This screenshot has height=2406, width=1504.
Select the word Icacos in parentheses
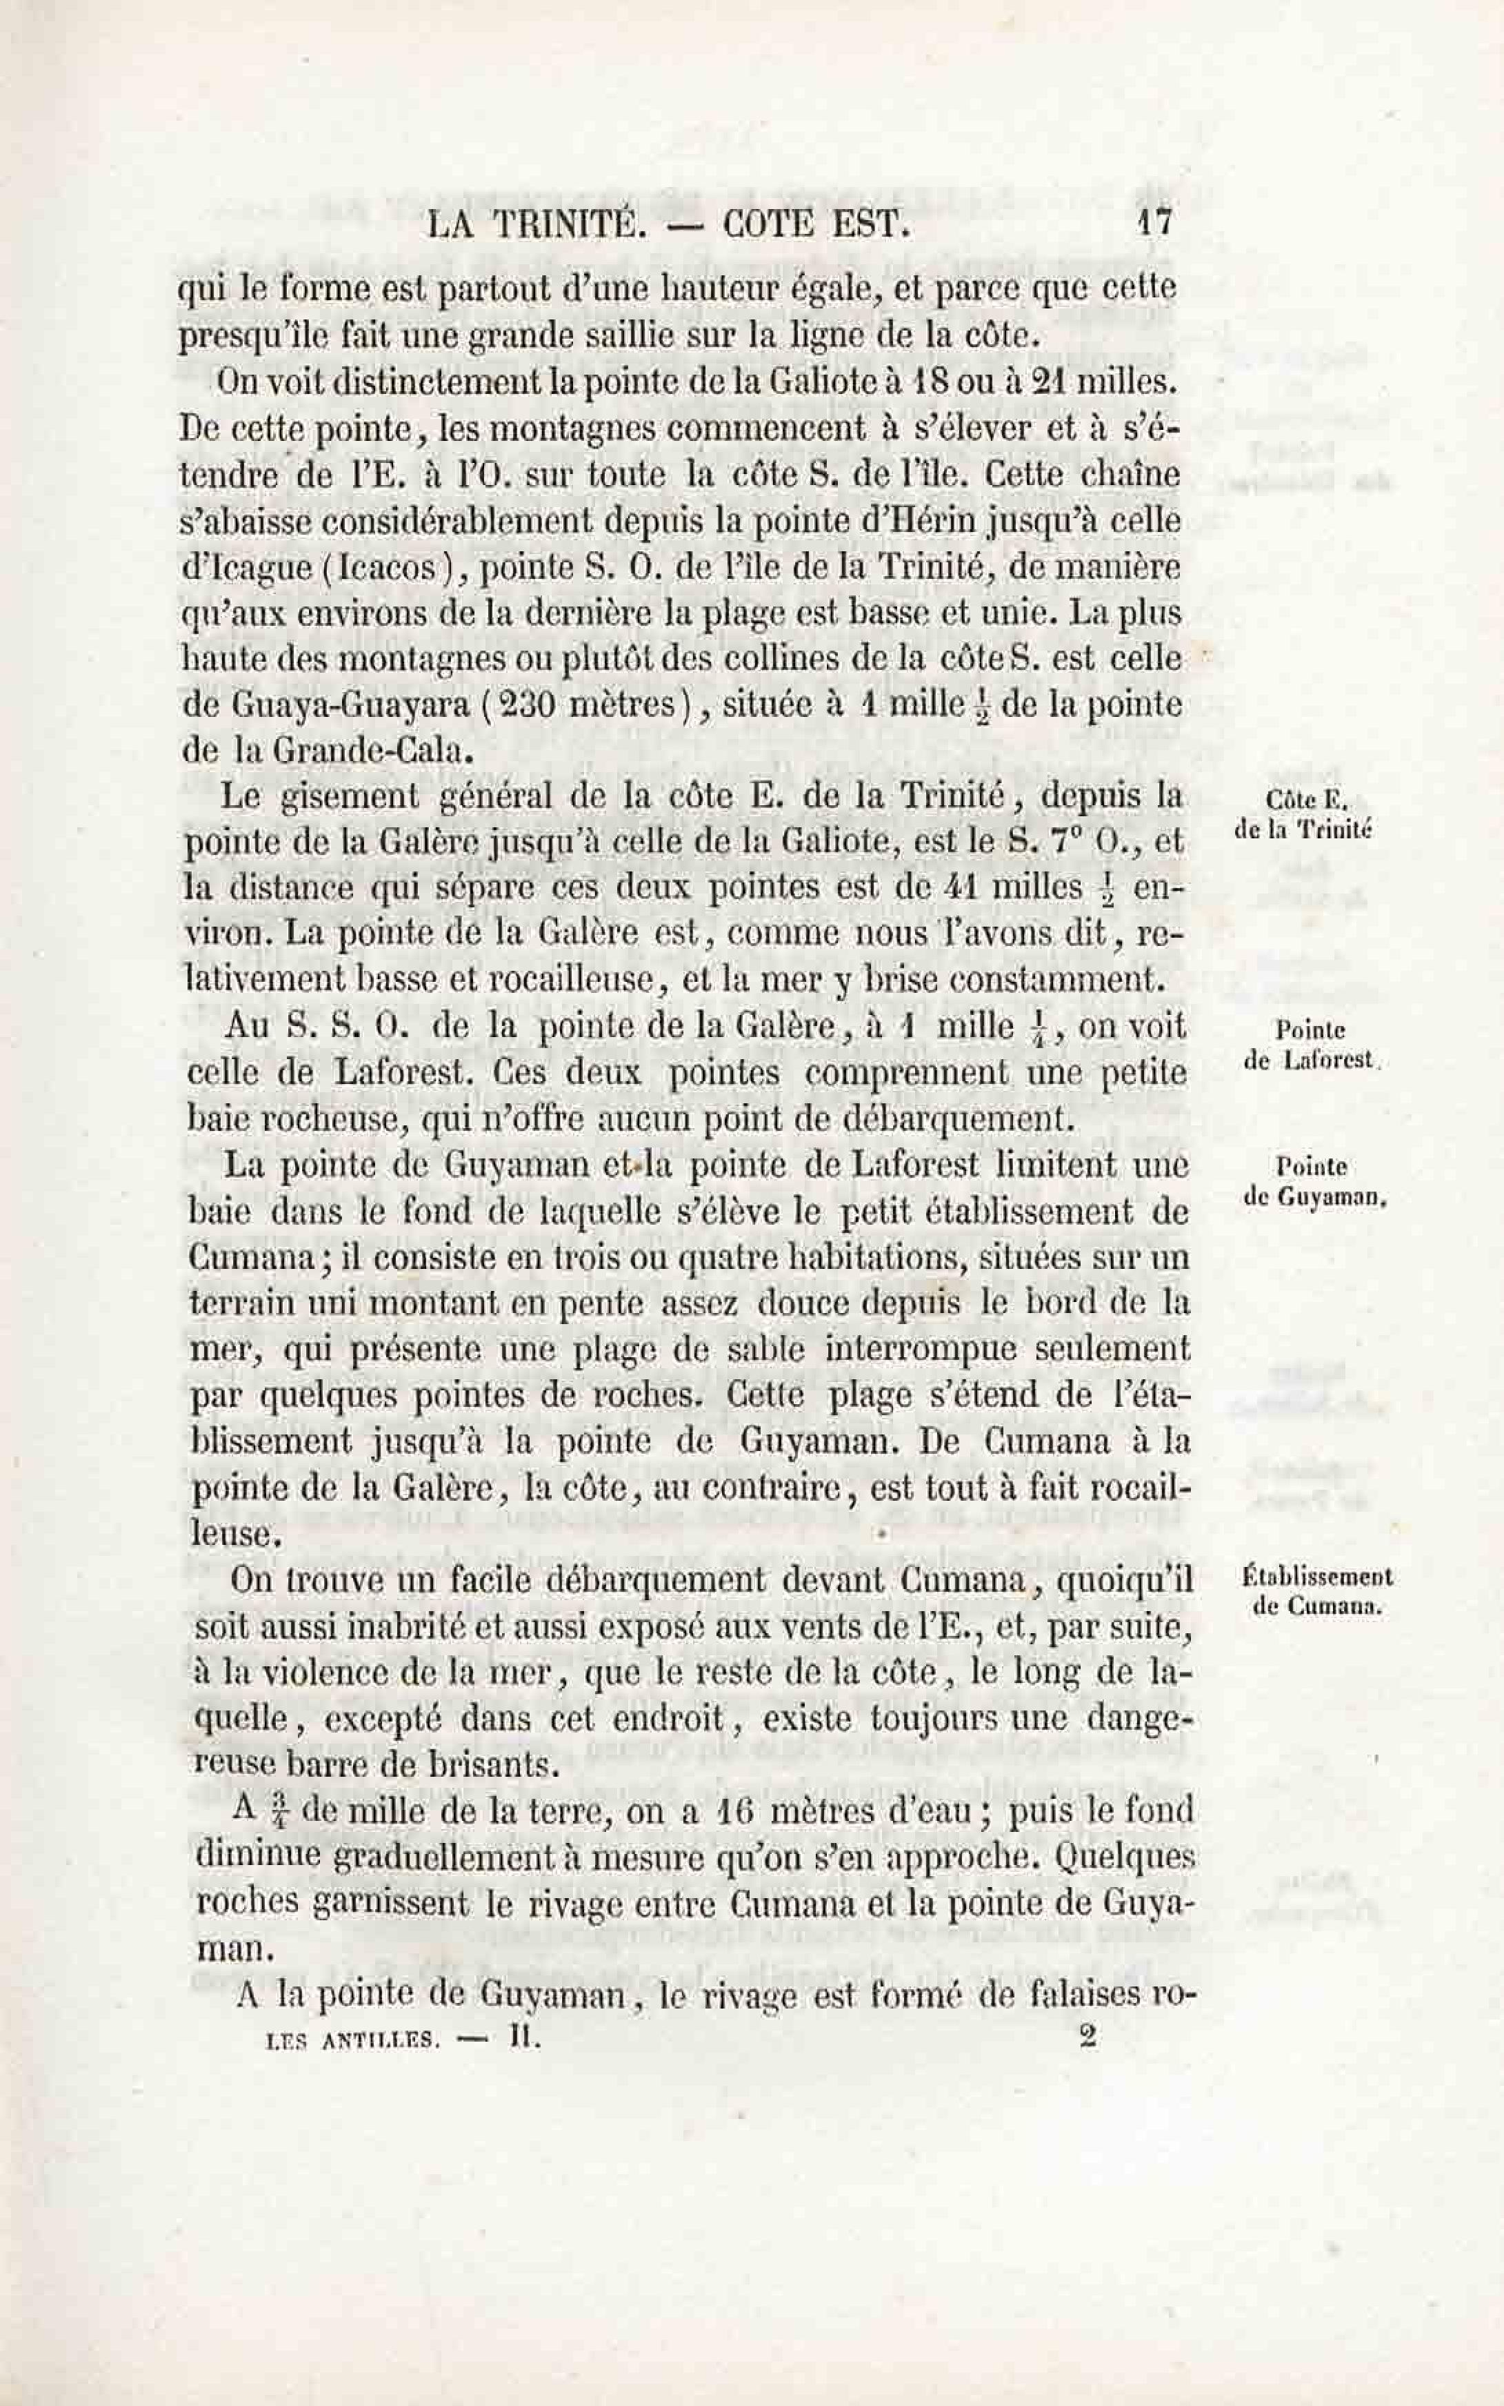pyautogui.click(x=384, y=567)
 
